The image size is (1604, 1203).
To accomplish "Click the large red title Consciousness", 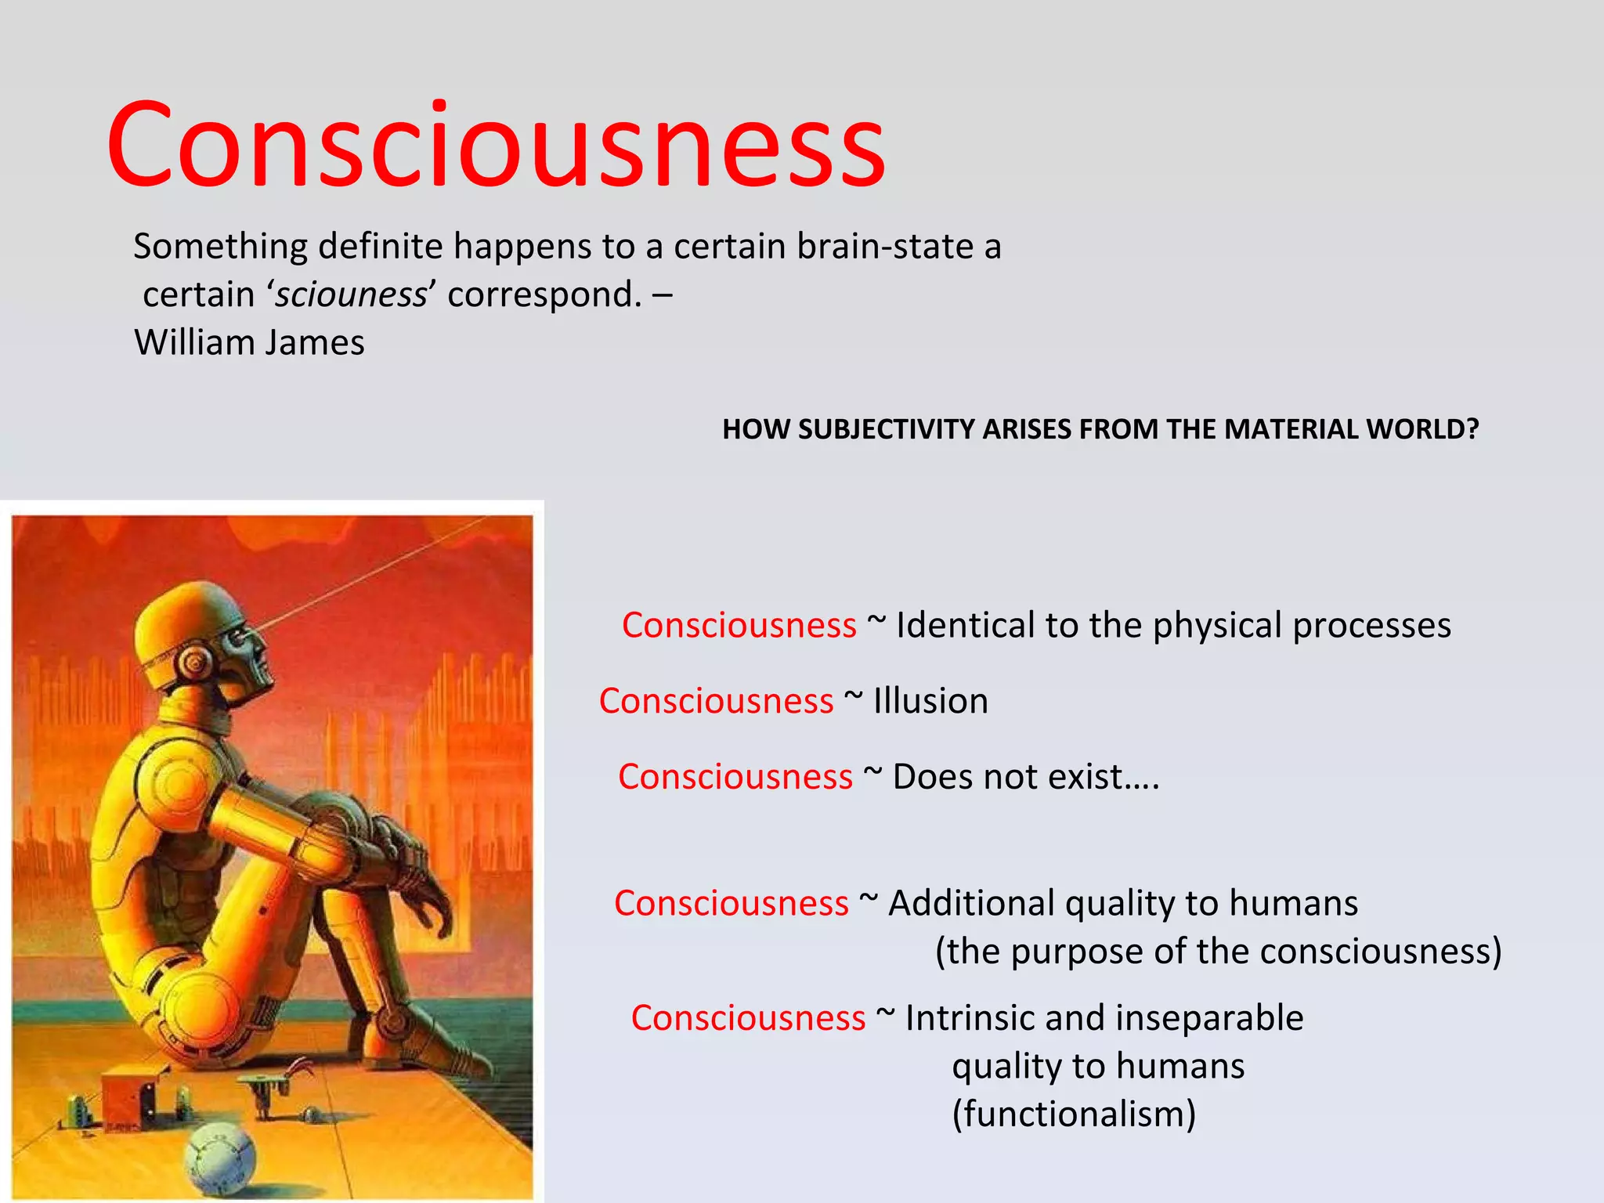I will [496, 146].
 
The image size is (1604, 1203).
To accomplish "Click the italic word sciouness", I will [350, 294].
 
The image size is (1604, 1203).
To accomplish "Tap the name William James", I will [249, 343].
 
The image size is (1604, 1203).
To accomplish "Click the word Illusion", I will [930, 701].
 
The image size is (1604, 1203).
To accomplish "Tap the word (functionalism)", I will [1074, 1114].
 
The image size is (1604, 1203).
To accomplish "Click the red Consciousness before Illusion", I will [716, 701].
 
